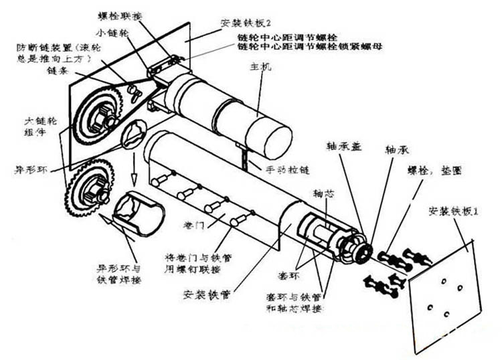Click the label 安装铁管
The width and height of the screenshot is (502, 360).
(204, 292)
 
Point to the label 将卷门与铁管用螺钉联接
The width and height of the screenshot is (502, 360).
(194, 262)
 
